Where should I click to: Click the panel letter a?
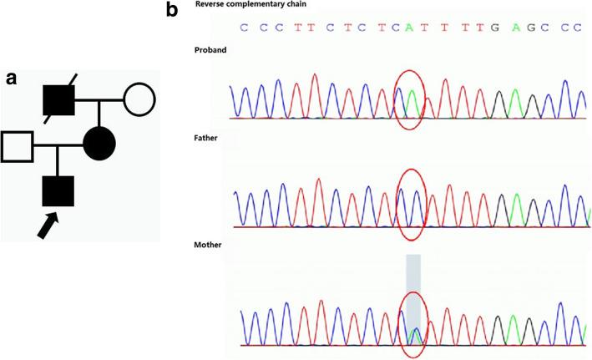[12, 78]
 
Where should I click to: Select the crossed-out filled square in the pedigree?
[60, 102]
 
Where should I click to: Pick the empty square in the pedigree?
[18, 146]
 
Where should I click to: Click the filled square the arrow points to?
[58, 190]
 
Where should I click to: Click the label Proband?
[210, 49]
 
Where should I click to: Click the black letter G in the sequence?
[496, 27]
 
